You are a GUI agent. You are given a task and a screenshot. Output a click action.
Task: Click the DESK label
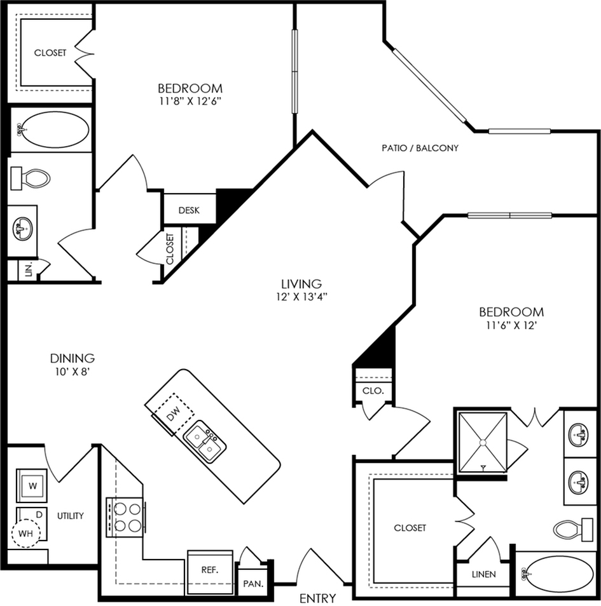click(189, 210)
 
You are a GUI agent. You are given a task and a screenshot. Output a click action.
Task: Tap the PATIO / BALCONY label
click(420, 148)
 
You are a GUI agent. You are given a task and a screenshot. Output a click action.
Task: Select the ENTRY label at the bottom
click(318, 598)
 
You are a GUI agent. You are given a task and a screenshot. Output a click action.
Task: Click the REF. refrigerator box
click(210, 572)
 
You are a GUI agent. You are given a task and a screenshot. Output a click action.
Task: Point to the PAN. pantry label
click(253, 584)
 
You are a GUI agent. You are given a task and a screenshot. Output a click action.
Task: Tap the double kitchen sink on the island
click(204, 441)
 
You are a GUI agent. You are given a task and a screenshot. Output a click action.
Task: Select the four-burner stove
click(126, 517)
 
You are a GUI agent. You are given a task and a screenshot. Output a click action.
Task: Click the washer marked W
click(32, 485)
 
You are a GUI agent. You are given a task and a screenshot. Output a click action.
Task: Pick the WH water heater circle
click(25, 534)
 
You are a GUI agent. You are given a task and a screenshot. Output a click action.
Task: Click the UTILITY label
click(71, 516)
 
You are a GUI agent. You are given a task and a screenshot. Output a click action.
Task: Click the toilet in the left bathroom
click(31, 178)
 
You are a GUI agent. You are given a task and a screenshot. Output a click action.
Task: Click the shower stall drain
click(483, 442)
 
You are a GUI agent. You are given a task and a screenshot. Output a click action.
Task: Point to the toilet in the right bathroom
click(573, 530)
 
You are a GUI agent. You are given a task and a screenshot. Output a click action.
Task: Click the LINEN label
click(484, 575)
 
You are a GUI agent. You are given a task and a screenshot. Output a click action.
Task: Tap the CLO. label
click(373, 391)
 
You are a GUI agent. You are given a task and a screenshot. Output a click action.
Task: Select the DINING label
click(73, 358)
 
